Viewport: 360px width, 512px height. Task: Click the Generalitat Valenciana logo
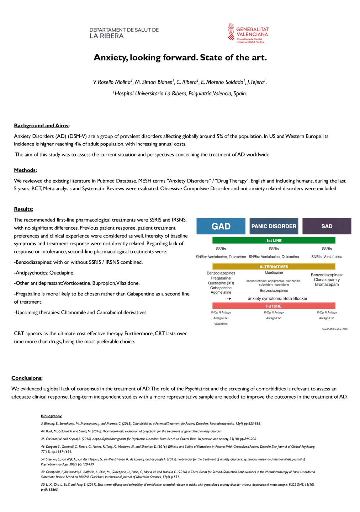tap(248, 33)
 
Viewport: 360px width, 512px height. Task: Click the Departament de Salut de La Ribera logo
tap(124, 33)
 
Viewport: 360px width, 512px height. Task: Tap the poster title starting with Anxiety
tap(180, 58)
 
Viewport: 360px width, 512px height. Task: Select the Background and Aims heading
tap(42, 126)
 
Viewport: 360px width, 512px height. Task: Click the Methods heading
tap(25, 170)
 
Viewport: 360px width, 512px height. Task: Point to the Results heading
tap(23, 209)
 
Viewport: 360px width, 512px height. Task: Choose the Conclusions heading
tap(27, 378)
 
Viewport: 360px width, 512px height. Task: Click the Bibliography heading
tap(52, 416)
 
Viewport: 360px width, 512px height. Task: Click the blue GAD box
tap(221, 226)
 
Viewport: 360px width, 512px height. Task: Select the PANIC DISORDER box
tap(274, 226)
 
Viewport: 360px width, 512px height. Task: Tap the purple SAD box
tap(327, 226)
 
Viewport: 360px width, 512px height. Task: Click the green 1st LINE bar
tap(274, 241)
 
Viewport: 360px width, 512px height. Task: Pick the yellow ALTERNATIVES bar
tap(274, 267)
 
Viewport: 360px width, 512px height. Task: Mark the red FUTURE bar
tap(274, 306)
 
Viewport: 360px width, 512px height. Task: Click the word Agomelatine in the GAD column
tap(221, 292)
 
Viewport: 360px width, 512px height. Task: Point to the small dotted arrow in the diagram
tap(228, 299)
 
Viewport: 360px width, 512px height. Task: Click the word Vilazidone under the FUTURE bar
tap(221, 324)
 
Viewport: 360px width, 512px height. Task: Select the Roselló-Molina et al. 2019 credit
tap(334, 329)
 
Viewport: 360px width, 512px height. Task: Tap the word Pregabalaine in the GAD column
tap(221, 278)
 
